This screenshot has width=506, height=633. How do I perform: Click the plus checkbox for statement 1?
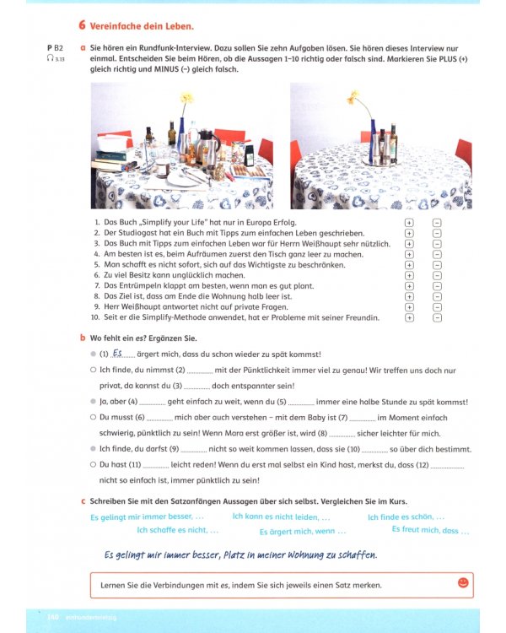[409, 222]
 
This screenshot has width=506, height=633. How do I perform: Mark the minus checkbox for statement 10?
[437, 317]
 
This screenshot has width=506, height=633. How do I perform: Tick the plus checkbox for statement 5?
[409, 264]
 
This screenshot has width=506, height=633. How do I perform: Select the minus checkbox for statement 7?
[437, 285]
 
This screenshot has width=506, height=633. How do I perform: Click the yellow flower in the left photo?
[186, 99]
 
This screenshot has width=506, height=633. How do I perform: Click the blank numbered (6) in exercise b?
[159, 417]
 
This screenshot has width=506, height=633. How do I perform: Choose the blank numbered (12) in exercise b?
[447, 464]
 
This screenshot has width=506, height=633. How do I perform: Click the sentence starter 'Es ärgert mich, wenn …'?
[302, 532]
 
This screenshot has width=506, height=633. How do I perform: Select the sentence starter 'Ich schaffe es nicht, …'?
[177, 530]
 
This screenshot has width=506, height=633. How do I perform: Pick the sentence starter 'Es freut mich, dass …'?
[430, 530]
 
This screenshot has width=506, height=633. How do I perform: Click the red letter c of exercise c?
[82, 500]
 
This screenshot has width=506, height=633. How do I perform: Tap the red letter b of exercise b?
[82, 338]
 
